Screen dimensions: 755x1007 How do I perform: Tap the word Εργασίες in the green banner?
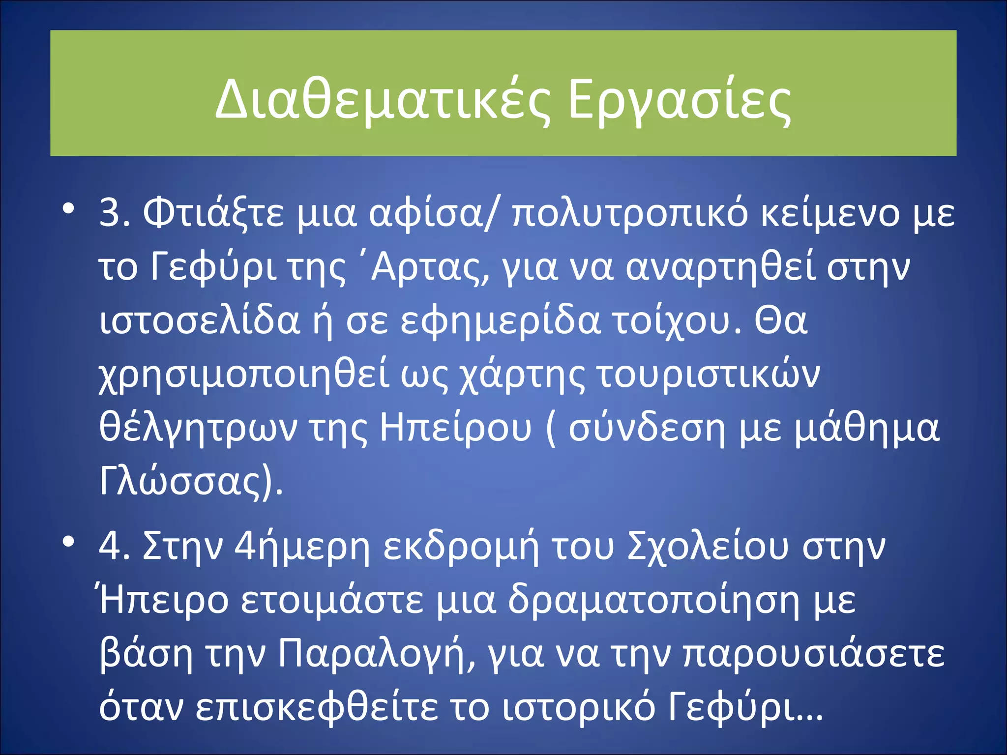(x=680, y=101)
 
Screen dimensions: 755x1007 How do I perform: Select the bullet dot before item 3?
(x=68, y=208)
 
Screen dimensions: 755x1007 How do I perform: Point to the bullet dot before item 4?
(x=68, y=542)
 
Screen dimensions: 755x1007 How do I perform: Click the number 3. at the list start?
(x=115, y=213)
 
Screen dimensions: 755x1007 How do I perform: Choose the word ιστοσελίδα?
(x=200, y=321)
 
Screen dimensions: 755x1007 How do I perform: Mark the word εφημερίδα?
(x=500, y=321)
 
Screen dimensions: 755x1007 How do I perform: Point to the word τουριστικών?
(x=708, y=375)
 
